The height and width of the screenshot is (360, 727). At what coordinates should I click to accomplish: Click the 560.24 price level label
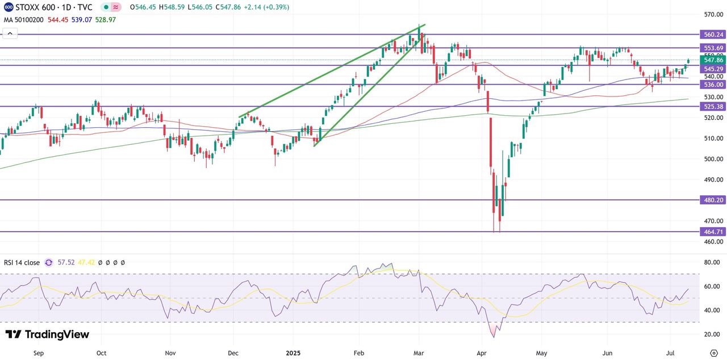pos(713,35)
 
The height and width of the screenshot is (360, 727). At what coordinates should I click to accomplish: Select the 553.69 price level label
pos(713,48)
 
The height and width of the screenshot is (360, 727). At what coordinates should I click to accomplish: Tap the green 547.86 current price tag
pos(713,60)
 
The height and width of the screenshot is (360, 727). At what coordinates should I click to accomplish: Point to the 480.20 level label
pos(713,200)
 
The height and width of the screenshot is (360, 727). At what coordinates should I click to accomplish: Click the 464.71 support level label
pos(713,232)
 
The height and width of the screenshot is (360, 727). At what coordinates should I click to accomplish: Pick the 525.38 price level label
pos(713,107)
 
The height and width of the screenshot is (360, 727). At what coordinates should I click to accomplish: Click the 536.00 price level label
pos(713,85)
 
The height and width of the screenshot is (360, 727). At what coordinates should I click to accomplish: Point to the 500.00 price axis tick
pos(713,159)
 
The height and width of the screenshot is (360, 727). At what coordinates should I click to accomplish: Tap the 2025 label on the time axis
pos(294,353)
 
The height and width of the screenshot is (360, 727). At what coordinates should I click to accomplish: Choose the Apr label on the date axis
pos(482,353)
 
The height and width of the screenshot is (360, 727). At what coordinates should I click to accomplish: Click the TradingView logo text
pos(48,334)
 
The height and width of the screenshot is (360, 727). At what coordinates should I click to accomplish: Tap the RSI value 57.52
pos(66,263)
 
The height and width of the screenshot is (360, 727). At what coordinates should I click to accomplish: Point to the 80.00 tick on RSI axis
pos(712,263)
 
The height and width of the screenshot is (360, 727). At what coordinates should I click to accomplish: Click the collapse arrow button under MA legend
pos(10,34)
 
